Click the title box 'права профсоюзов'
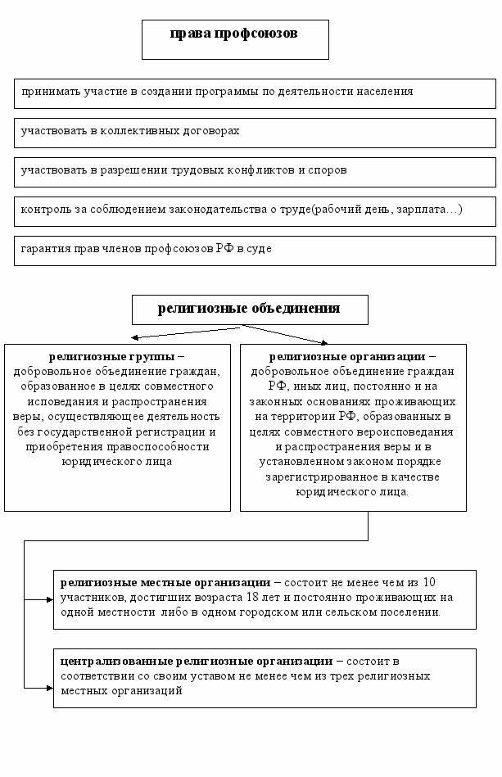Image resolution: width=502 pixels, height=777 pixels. (x=235, y=39)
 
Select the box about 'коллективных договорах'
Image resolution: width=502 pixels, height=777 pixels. (x=255, y=132)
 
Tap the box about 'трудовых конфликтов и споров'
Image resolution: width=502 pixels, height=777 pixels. (x=255, y=171)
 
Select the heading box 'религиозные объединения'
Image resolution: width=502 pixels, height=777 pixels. (x=250, y=309)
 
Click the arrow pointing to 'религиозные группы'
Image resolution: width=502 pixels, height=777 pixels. (x=134, y=337)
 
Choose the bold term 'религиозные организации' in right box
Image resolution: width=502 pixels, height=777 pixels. (x=348, y=357)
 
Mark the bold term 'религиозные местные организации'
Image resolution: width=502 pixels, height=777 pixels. (x=165, y=583)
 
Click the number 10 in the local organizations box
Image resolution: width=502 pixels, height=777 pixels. (x=429, y=583)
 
